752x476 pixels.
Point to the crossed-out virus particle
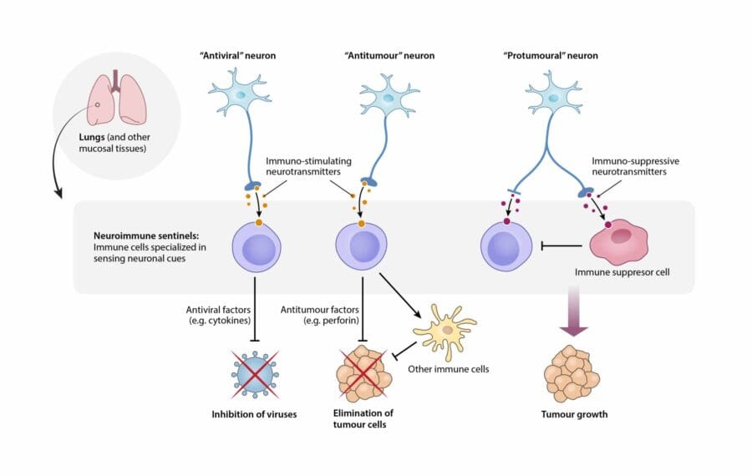pos(257,373)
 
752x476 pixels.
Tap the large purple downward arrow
pos(574,314)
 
